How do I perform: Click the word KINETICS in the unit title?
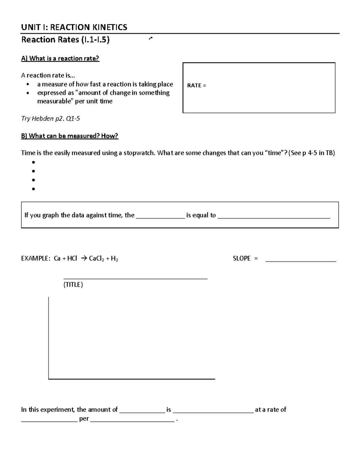tap(109, 27)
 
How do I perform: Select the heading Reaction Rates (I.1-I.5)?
tap(65, 40)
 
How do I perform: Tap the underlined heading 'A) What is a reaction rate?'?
tap(60, 59)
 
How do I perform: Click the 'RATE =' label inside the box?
tap(196, 86)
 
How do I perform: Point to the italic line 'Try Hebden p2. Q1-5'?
tap(50, 119)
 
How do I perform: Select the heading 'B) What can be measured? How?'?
tap(70, 136)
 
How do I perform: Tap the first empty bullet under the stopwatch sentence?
tap(33, 162)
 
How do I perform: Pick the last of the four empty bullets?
tap(33, 189)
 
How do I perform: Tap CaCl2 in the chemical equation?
tap(96, 259)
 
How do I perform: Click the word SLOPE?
tap(241, 258)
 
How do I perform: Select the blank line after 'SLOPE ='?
tap(301, 261)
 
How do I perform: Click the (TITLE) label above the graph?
tap(73, 285)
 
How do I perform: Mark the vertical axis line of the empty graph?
tap(49, 338)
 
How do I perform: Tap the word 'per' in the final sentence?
tap(84, 419)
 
